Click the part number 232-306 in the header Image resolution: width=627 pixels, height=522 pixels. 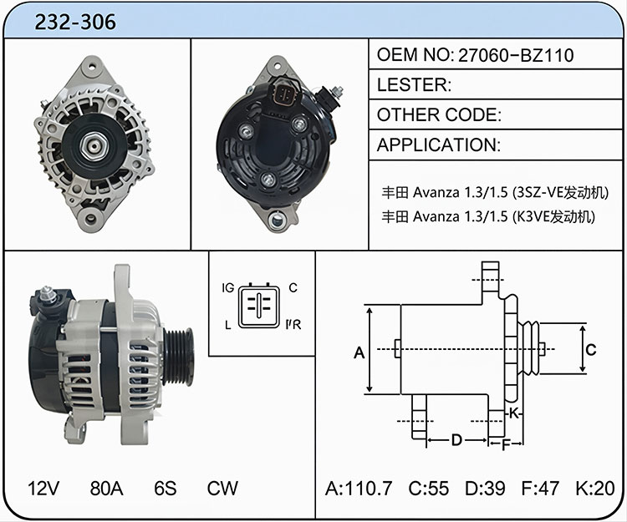coord(75,22)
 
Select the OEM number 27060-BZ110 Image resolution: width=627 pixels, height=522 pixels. coord(516,55)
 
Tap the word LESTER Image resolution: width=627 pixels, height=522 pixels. coord(414,84)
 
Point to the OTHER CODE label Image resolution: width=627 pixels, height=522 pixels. coord(439,115)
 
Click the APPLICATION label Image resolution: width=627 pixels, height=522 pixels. coord(439,145)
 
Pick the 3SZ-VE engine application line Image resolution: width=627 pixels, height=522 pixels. coord(495,192)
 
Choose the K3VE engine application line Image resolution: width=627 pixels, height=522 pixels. coord(488,216)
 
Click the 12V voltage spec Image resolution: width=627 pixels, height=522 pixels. coord(43,488)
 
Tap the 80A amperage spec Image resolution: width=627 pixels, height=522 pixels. coord(106,488)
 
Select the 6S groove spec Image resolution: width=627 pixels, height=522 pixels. coord(166,488)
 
